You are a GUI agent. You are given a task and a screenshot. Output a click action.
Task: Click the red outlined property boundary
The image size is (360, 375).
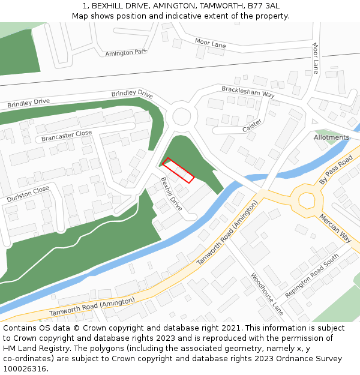pos(178,170)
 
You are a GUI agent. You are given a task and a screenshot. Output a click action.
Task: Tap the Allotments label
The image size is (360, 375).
pos(331,137)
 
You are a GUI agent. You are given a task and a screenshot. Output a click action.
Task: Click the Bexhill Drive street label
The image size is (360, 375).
pos(171,194)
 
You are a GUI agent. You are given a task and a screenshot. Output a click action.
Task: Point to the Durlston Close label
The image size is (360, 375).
pos(28,194)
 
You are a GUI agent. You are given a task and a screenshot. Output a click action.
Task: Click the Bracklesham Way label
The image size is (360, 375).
pos(248,91)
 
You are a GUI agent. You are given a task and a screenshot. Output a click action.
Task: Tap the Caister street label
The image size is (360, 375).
pos(252,126)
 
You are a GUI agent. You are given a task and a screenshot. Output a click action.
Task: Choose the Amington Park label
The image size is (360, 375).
pos(126,53)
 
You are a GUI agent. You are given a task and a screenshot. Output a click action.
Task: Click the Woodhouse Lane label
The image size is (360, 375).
pos(267,293)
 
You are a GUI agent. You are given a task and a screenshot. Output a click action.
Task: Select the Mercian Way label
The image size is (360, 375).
pos(335,226)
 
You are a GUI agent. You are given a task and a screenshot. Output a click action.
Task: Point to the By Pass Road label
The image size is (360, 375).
pos(336,171)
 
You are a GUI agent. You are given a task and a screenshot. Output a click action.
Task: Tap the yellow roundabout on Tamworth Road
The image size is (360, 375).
pos(307,200)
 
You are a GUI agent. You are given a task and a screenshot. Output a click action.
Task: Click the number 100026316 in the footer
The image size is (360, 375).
pos(25,368)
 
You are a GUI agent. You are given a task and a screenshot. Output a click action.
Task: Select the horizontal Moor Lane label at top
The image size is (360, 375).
pos(211,43)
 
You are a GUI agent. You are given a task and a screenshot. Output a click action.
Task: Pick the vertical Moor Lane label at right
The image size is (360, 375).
pos(315,58)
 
